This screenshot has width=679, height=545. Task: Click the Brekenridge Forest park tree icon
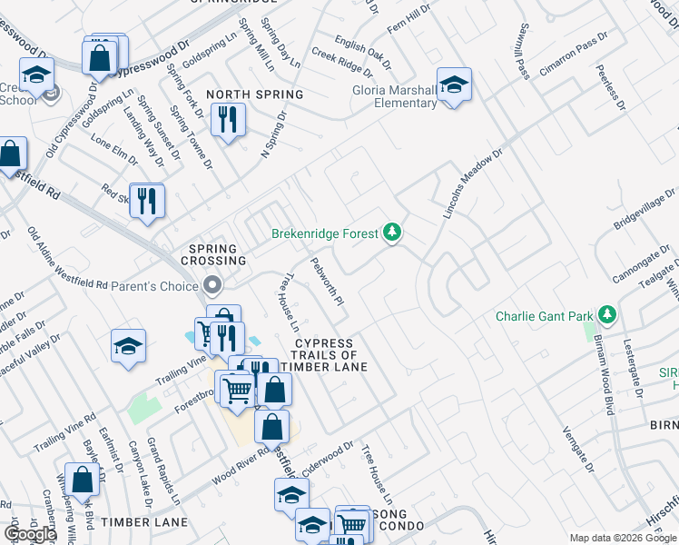[392, 233]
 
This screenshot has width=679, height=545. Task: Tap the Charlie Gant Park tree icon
[607, 316]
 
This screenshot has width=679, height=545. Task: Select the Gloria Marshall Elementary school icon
[454, 86]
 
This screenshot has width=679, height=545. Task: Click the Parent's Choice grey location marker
[213, 286]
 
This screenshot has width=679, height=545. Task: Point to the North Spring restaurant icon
[227, 120]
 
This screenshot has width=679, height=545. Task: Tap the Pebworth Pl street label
[327, 281]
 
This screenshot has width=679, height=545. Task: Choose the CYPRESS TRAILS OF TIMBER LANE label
[323, 355]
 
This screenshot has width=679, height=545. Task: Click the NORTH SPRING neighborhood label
[254, 94]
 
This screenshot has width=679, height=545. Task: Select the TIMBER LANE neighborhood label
[144, 522]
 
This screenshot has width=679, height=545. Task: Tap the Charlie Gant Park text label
[544, 317]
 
